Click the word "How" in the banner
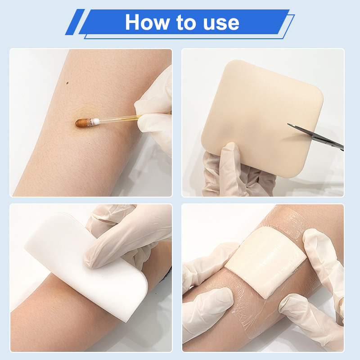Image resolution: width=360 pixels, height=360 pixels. [148, 22]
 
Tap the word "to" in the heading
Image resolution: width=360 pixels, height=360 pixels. [186, 22]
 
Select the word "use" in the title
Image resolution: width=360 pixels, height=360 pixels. [221, 24]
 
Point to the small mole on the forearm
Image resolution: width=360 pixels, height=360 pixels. [67, 83]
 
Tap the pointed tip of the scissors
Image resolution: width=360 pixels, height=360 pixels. [288, 124]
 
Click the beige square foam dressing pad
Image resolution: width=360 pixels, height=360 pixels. [262, 118]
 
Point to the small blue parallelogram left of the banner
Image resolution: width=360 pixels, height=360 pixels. [75, 22]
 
